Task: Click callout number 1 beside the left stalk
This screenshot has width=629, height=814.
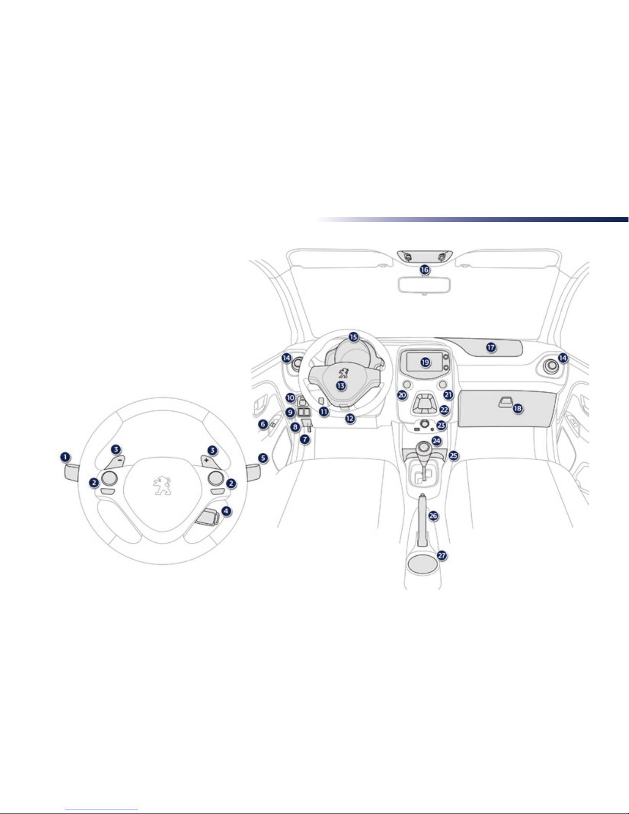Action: [x=65, y=457]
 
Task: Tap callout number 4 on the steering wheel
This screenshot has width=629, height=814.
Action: [x=226, y=511]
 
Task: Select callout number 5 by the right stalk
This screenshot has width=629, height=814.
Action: [x=263, y=458]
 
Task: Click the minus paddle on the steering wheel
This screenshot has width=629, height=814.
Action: [x=115, y=462]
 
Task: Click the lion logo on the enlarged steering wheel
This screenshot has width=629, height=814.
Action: [x=162, y=485]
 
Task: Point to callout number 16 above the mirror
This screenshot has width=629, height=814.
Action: [x=424, y=269]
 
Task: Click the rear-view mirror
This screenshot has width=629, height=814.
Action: [x=424, y=285]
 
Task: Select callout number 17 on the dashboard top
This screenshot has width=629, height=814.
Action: [x=491, y=347]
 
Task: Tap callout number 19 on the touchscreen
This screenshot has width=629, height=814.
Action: [x=425, y=362]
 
